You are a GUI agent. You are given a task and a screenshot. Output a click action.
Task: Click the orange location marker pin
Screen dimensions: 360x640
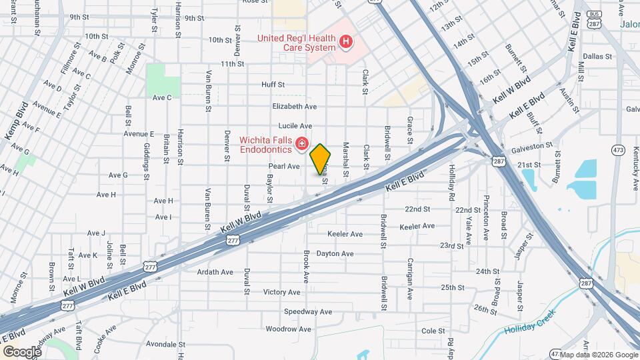coord(321,159)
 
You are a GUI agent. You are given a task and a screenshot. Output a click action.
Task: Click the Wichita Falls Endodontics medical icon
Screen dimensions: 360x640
coord(301,143)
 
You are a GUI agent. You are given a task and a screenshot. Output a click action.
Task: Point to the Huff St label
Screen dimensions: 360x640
coord(273,85)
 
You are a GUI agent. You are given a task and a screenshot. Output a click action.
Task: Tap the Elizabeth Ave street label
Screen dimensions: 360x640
coord(294,106)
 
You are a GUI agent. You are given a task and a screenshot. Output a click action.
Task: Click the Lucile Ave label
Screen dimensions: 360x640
coord(296,125)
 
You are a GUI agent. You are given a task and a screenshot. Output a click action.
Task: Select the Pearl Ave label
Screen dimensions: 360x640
coord(284,166)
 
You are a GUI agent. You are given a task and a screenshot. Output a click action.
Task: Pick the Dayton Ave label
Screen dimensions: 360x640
coord(335,254)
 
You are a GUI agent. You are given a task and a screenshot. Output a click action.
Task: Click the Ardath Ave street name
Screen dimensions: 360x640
coord(215,272)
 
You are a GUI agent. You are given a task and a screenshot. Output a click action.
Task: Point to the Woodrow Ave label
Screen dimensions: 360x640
coord(285,329)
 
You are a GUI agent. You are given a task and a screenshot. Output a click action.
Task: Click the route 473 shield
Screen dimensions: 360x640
coord(619,151)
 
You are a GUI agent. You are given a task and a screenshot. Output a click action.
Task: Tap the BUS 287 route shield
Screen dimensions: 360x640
coord(592,19)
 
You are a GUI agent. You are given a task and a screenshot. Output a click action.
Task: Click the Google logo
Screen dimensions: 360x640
coord(22,351)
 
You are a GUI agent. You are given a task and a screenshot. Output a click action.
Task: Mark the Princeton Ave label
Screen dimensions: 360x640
coord(486,224)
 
